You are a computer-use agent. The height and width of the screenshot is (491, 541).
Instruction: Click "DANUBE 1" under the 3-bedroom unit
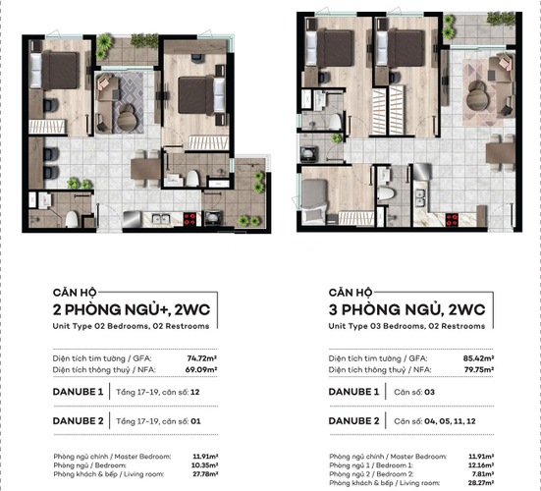tap(356, 392)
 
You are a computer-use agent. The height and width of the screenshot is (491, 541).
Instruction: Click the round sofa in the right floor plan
tap(478, 92)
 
